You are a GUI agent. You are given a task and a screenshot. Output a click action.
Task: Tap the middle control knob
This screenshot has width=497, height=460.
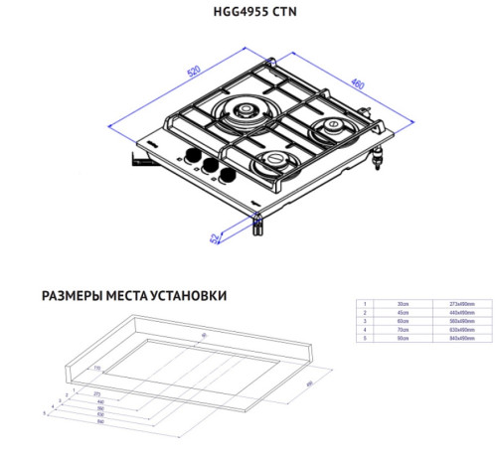(x=207, y=165)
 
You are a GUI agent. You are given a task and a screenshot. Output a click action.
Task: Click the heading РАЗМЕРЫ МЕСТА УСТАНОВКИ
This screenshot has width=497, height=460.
(x=134, y=296)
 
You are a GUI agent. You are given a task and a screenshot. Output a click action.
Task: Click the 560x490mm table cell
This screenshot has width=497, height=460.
(x=460, y=322)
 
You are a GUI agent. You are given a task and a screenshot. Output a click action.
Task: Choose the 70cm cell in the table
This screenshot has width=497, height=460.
(x=404, y=332)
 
